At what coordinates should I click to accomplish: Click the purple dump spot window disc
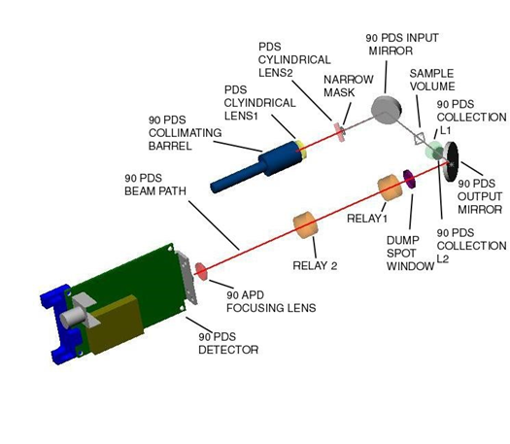(409, 179)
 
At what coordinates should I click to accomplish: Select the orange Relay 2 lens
(305, 224)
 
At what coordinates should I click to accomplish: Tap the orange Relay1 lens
(390, 188)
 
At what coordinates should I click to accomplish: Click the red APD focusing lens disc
(201, 272)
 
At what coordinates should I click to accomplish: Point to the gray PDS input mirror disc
(387, 110)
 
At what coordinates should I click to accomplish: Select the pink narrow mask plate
(339, 132)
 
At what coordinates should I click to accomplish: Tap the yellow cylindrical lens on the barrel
(301, 150)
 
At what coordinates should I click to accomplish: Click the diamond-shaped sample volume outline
(420, 139)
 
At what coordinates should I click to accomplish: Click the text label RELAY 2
(315, 266)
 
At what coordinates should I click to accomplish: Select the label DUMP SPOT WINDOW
(411, 254)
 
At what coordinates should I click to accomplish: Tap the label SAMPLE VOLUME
(432, 80)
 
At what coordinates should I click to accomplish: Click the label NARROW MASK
(349, 85)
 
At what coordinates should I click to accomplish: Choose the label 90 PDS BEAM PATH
(155, 185)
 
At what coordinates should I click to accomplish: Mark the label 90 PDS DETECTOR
(228, 343)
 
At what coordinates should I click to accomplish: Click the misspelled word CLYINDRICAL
(260, 103)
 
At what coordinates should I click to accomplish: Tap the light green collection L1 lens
(432, 150)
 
